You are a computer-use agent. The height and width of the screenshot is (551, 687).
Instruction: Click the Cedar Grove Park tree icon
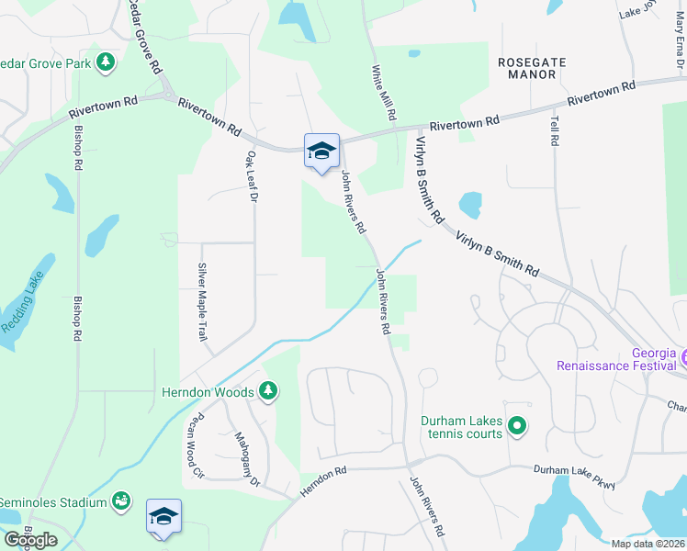coord(107,62)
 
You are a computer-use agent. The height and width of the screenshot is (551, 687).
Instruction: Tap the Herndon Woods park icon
coord(268,392)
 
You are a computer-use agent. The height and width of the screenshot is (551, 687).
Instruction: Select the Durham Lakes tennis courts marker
coord(516,425)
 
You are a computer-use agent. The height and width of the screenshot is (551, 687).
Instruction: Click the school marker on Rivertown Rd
coord(321,151)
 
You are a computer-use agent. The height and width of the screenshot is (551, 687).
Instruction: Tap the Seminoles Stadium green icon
coord(120,501)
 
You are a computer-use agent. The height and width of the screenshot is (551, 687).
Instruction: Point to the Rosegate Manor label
coord(532,68)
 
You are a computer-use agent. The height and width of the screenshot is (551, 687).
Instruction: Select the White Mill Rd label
coord(383,93)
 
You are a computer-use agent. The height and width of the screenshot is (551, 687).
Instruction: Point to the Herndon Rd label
coord(322,483)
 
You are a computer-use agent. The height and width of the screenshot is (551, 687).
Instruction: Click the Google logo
coord(31,540)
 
